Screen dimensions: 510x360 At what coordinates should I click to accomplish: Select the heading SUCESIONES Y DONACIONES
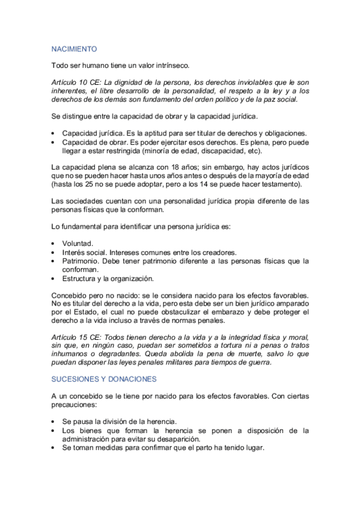(x=103, y=379)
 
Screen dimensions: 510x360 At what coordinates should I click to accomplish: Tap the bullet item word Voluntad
(x=78, y=244)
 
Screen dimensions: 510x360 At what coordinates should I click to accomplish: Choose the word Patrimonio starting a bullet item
(x=81, y=261)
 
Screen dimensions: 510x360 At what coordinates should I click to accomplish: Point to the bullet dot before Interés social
(x=54, y=253)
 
